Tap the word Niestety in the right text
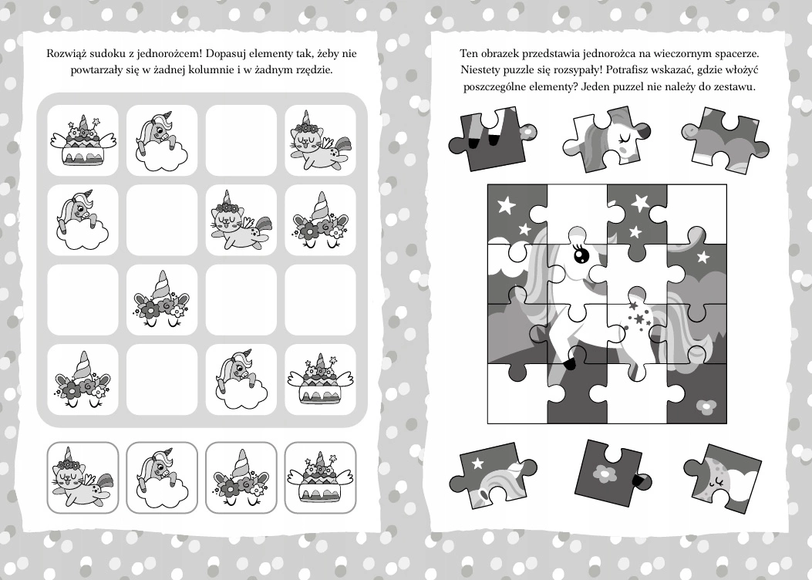(x=480, y=70)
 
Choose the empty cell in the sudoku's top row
(x=241, y=140)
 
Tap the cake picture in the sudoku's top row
(x=83, y=140)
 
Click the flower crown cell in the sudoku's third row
(x=162, y=300)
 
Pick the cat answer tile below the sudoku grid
(x=83, y=477)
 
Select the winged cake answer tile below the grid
(x=320, y=477)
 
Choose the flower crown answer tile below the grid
(x=241, y=477)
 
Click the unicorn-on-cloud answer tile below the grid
(x=162, y=477)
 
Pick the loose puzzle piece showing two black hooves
(x=492, y=139)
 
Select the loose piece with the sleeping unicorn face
(x=607, y=139)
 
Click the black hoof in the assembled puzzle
(x=570, y=365)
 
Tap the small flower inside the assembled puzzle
(x=706, y=406)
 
